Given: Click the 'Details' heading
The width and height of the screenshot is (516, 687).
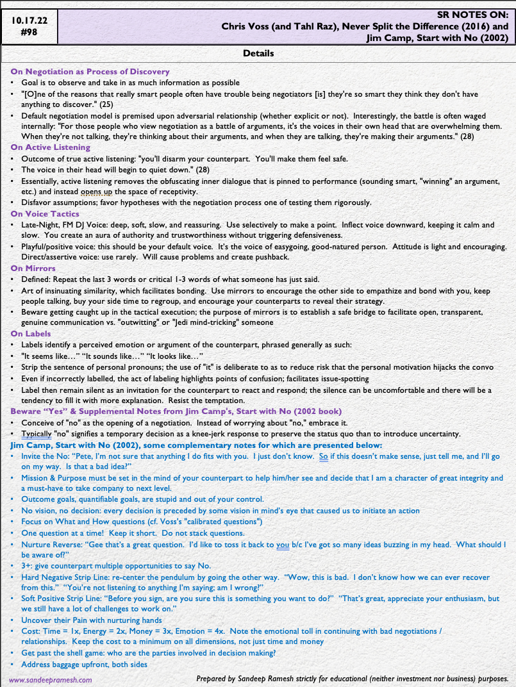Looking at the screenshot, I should pos(258,53).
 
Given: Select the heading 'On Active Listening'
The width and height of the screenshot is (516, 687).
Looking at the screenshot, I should pos(50,147).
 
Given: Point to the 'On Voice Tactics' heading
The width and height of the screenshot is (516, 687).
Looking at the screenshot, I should pos(45,213).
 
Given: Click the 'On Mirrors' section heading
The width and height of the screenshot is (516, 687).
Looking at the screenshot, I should pos(33,268).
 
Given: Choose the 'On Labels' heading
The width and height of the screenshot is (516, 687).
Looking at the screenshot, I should pos(30,333).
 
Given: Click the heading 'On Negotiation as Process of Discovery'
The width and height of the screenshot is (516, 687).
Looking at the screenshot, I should pos(90,72).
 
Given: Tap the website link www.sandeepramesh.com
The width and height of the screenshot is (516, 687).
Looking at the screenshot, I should pos(50,680).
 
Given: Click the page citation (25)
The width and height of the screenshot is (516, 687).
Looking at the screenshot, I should pos(106,104).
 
